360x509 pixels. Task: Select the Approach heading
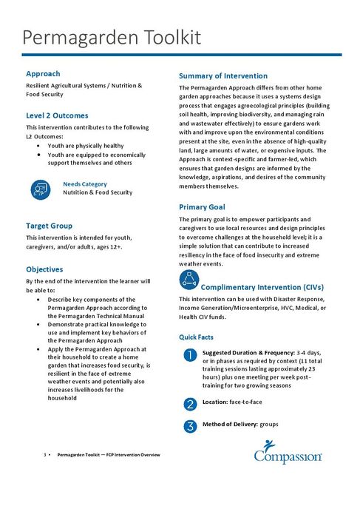(x=43, y=74)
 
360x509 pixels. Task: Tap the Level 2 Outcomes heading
(x=57, y=115)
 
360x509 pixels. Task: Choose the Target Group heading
(x=49, y=225)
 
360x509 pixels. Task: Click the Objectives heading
(x=44, y=269)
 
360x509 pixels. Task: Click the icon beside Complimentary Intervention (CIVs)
(x=189, y=279)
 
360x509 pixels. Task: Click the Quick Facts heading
(x=197, y=337)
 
